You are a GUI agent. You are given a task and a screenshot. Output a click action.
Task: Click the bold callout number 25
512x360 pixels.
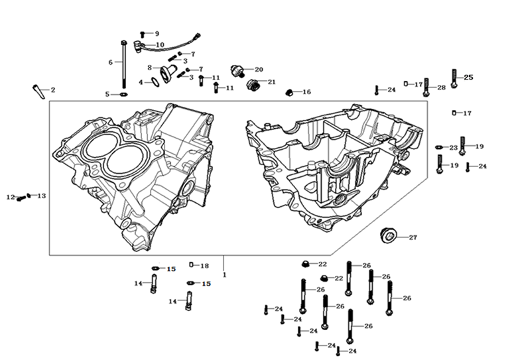click(x=468, y=78)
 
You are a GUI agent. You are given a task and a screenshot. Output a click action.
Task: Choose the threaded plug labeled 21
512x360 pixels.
click(x=252, y=85)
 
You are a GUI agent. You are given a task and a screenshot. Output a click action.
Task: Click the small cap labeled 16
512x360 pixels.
click(x=289, y=91)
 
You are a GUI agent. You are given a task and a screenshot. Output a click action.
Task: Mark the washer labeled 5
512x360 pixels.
click(x=123, y=95)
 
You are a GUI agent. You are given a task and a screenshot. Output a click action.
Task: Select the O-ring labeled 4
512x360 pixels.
click(x=154, y=82)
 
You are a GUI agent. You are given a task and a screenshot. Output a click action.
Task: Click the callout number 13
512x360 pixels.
click(x=42, y=196)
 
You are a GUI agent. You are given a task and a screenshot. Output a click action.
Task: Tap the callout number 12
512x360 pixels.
click(x=10, y=197)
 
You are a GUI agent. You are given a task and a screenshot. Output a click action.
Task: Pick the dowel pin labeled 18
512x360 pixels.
click(x=192, y=265)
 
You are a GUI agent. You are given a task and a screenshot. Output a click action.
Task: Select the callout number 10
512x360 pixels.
click(x=160, y=45)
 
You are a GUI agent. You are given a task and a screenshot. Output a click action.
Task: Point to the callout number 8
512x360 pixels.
click(x=150, y=67)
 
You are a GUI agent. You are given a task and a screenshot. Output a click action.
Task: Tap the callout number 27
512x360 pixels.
click(x=413, y=237)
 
